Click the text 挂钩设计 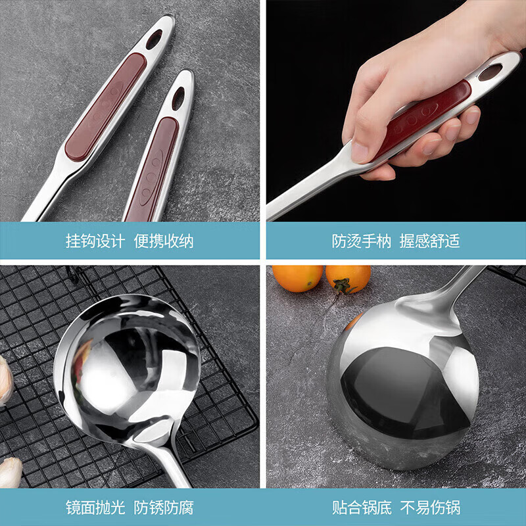[95, 241]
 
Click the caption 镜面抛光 [95, 508]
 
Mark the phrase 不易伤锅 [430, 508]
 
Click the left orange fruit [297, 277]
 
